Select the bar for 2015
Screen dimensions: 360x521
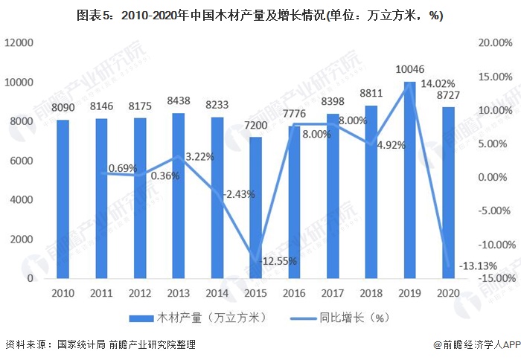pos(255,208)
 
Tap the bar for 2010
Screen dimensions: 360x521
pos(63,199)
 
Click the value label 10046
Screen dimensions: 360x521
pos(409,70)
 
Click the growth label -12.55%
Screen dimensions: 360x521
pos(278,261)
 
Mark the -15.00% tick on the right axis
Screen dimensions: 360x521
pos(493,278)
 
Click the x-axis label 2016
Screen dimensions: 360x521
pos(294,294)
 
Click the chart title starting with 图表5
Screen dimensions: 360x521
pos(260,16)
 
